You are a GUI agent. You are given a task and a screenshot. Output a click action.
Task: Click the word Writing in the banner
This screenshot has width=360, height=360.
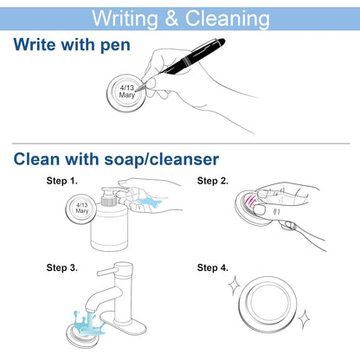click(x=125, y=19)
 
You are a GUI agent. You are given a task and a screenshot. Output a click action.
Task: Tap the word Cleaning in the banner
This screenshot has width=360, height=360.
click(x=228, y=19)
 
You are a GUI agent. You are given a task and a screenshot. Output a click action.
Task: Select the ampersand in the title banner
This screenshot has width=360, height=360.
click(x=171, y=18)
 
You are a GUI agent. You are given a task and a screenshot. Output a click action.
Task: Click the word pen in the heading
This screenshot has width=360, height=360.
click(x=115, y=45)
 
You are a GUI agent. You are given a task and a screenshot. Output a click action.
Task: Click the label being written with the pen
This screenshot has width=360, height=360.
click(x=126, y=93)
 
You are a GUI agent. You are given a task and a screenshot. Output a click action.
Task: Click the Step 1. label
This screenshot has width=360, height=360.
click(x=62, y=181)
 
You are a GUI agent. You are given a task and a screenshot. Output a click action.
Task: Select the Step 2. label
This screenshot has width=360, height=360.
click(x=213, y=181)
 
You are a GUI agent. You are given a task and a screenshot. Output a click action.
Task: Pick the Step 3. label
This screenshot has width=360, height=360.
click(x=62, y=267)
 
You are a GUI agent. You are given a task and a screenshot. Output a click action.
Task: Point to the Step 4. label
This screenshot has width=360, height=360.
click(x=213, y=267)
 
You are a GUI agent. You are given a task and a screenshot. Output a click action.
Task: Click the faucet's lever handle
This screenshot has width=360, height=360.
click(x=106, y=271)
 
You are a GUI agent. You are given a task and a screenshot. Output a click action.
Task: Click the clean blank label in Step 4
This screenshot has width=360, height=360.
click(x=267, y=305)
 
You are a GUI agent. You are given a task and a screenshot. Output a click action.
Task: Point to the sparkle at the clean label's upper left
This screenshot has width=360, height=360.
click(x=235, y=285)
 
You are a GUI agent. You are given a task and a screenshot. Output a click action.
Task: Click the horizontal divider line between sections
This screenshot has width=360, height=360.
click(x=181, y=144)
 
